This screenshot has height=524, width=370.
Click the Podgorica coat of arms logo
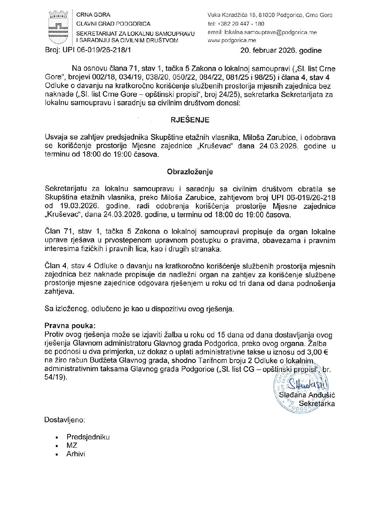pos(57,27)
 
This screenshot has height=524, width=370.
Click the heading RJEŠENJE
pos(190,120)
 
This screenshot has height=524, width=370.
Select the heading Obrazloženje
pos(190,172)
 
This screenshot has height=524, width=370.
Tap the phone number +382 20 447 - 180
pos(236,24)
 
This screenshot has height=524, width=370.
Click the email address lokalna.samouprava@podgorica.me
pos(262,32)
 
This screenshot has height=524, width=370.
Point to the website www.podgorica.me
pos(232,40)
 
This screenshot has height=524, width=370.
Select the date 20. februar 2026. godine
pos(281,50)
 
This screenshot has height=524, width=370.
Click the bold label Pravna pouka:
pos(70,326)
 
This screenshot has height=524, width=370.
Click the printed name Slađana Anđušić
pos(307,395)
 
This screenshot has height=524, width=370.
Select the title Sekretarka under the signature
pos(316,404)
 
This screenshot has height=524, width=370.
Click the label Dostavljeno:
pos(65,420)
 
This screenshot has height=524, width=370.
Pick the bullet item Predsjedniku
pos(88,437)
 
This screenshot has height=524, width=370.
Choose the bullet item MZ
pos(72,445)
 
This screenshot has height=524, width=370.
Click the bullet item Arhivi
pos(76,454)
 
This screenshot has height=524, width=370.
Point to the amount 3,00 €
pos(315,352)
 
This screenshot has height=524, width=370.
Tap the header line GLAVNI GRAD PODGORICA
pos(113,24)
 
